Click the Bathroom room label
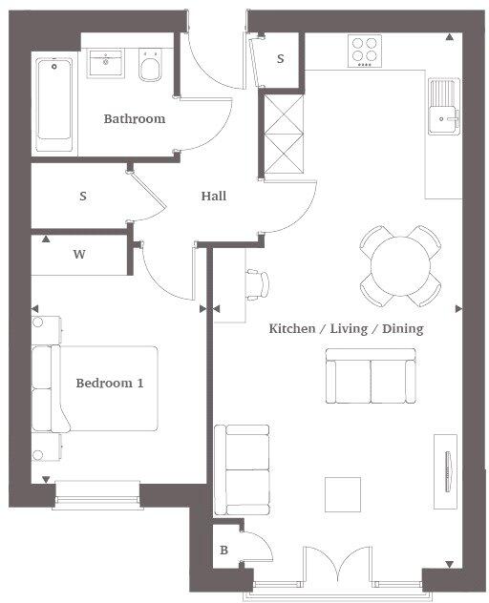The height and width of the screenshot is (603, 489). [x=135, y=119]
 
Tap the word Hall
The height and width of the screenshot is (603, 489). [x=214, y=197]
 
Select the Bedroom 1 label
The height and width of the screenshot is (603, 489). [x=110, y=383]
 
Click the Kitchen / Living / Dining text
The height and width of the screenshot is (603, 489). [x=346, y=328]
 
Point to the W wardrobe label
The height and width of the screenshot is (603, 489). [x=79, y=255]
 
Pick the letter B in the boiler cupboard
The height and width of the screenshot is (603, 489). [x=224, y=551]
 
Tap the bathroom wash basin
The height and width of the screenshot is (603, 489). [x=104, y=64]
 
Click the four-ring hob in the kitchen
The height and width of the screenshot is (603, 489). [x=365, y=50]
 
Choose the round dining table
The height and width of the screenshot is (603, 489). [x=400, y=266]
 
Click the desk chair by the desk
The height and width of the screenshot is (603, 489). [x=259, y=283]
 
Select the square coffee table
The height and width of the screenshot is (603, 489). [x=343, y=494]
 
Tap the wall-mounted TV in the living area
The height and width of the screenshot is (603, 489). [x=447, y=465]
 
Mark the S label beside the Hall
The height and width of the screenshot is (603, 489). [x=83, y=197]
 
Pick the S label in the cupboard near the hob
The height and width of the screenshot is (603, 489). [x=281, y=59]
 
